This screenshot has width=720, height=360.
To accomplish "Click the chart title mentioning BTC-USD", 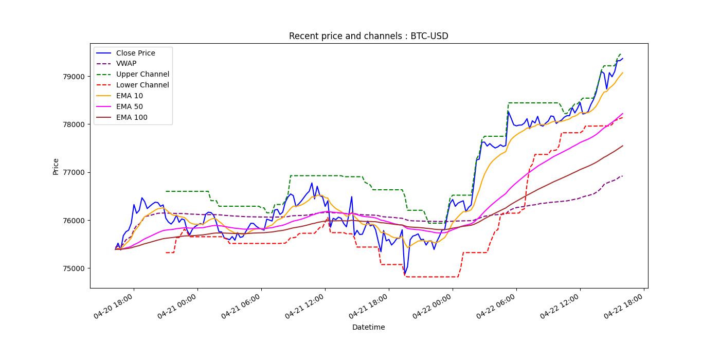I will click(x=368, y=36).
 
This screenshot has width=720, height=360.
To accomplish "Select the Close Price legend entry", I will click(x=135, y=53).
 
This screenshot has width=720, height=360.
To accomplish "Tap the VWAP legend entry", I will click(x=126, y=64).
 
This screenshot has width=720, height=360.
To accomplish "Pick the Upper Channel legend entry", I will click(x=142, y=75).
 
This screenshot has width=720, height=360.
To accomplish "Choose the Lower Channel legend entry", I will click(x=142, y=85).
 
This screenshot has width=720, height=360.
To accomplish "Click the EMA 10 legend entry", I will click(x=130, y=96).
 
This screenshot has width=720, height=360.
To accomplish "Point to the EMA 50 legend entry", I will click(x=130, y=107).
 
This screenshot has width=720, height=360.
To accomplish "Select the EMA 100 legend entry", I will click(x=132, y=118).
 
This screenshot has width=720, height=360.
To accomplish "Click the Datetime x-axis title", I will click(x=368, y=327).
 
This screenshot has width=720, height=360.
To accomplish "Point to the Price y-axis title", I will click(x=56, y=166).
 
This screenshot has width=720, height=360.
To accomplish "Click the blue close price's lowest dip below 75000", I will click(x=405, y=275).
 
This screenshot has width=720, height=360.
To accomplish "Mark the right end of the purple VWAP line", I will click(x=622, y=176).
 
